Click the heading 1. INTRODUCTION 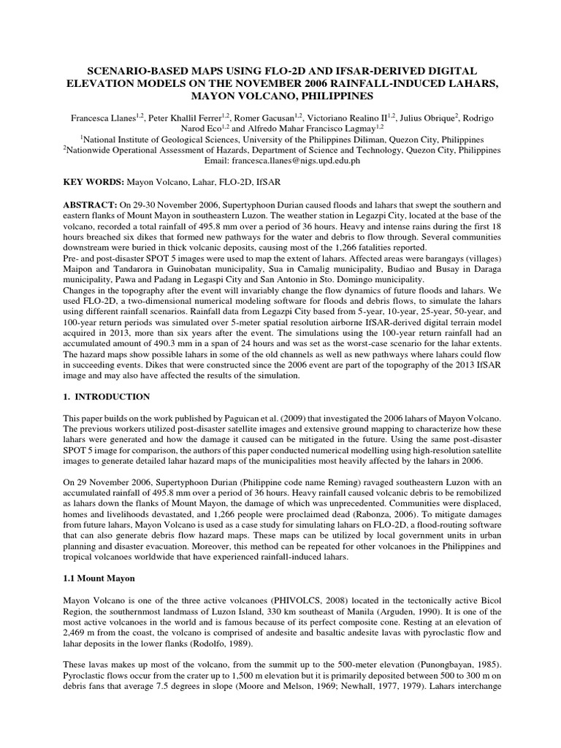[107, 397]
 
